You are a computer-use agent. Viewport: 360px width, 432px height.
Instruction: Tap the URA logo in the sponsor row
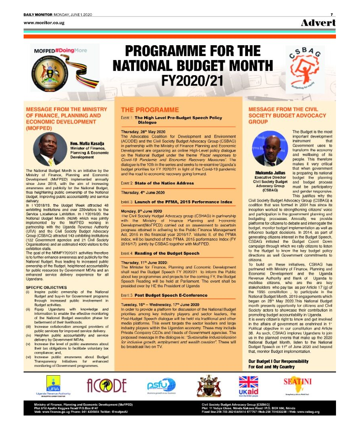[53, 386]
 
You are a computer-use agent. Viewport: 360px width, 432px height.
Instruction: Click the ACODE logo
[107, 386]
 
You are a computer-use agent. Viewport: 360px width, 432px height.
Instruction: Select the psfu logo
[161, 386]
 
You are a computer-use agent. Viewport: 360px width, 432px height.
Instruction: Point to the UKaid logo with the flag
[248, 386]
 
